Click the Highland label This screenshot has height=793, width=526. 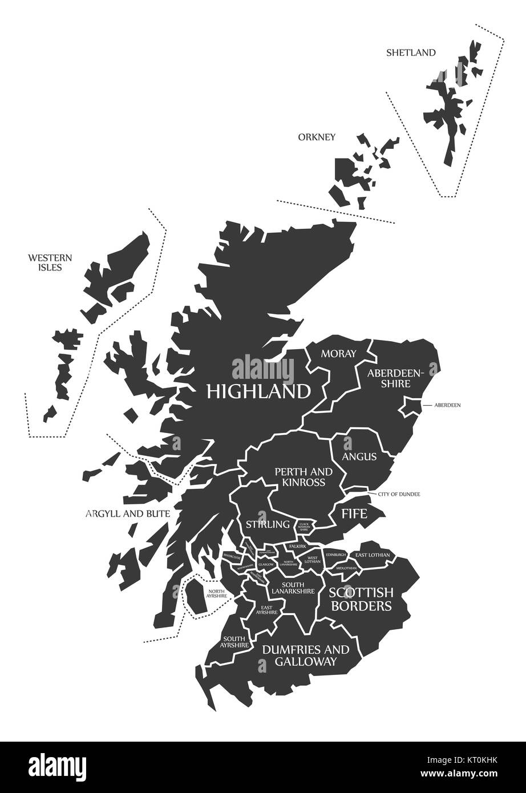tap(258, 391)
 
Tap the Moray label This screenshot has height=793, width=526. tap(338, 354)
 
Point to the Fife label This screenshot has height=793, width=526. tap(354, 513)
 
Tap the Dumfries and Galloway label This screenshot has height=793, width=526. tap(305, 655)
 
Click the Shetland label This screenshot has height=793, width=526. tap(411, 53)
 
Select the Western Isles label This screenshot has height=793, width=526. tap(44, 262)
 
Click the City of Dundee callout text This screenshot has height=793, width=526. tap(399, 493)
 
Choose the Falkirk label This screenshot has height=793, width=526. tap(298, 546)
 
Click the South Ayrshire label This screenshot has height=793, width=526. tap(236, 641)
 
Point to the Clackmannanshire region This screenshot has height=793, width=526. tap(304, 525)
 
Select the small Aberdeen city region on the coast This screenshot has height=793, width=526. tap(410, 406)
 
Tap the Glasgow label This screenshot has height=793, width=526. tap(266, 564)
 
